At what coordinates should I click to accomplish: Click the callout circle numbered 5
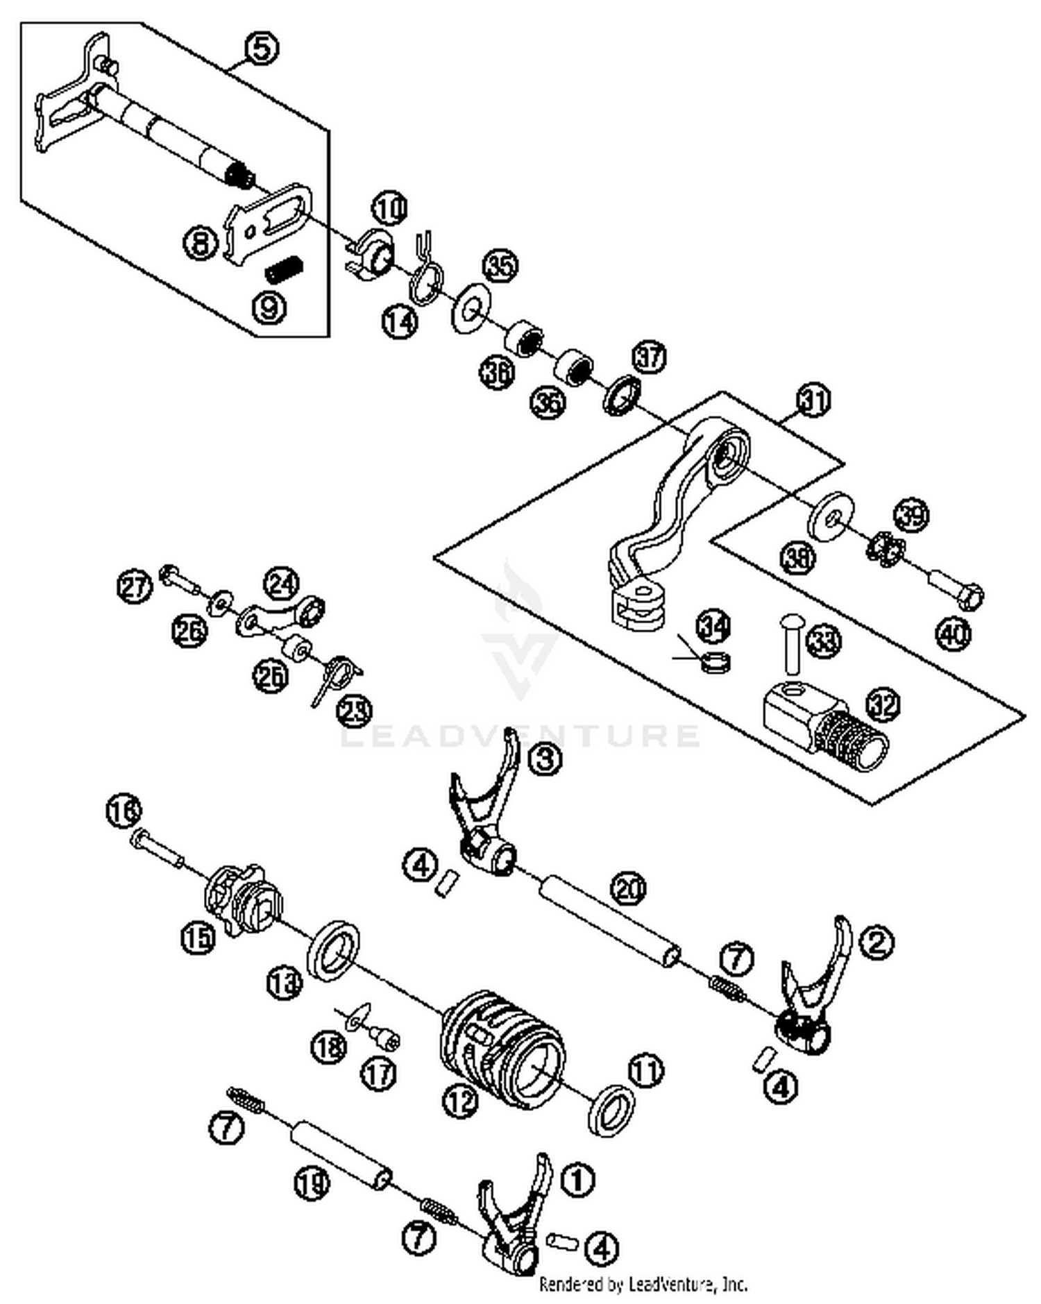262,49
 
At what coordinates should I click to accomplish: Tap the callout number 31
813,400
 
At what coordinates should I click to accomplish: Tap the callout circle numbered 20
628,888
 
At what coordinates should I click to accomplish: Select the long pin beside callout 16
157,849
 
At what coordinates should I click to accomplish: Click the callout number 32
883,705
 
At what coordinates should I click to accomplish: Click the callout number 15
198,938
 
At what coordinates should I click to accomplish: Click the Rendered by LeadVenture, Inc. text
643,1285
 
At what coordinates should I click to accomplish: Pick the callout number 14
400,322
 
